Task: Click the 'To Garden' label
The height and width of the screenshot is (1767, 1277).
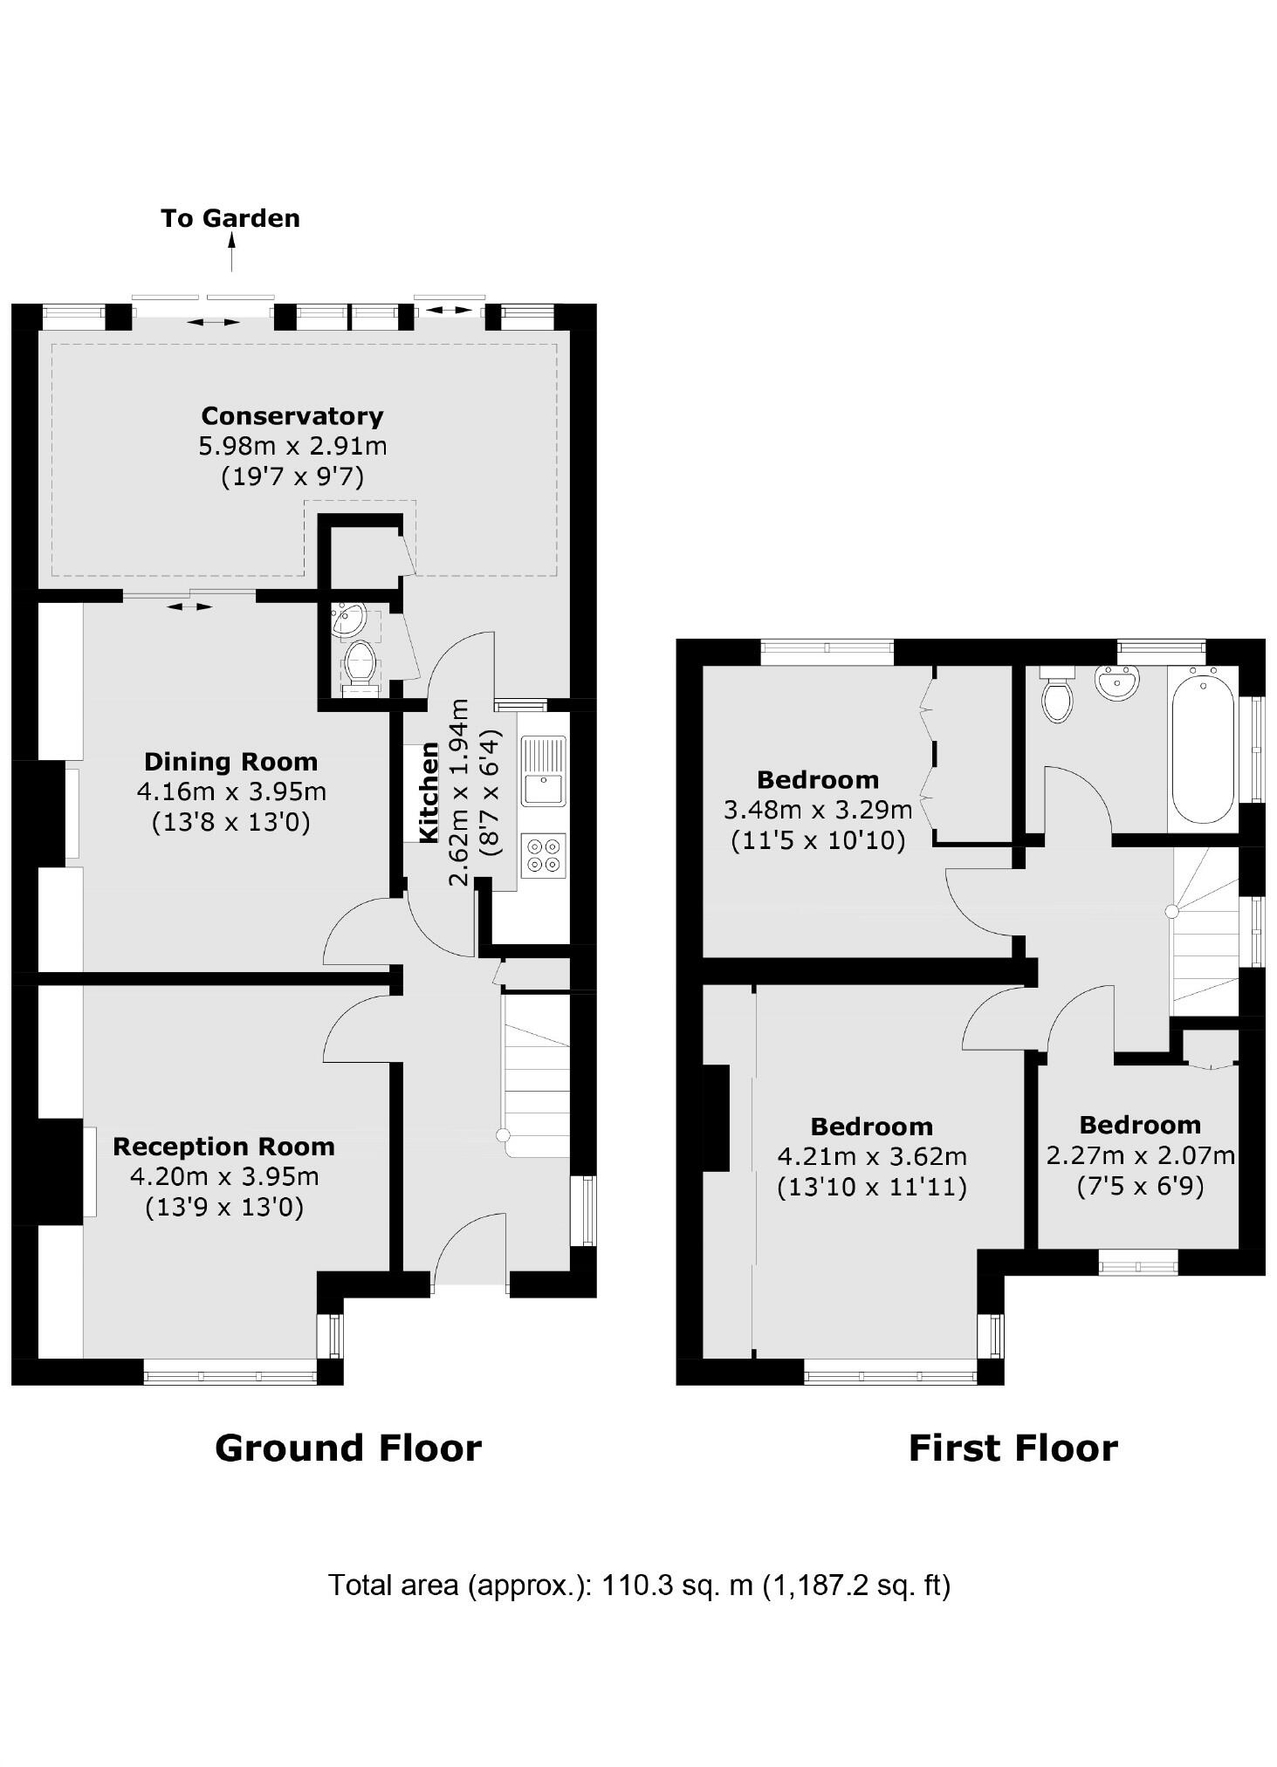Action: click(230, 218)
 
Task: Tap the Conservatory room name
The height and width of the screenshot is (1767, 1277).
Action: click(292, 416)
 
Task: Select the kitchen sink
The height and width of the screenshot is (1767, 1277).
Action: click(544, 770)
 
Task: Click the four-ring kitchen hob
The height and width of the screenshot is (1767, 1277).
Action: click(543, 855)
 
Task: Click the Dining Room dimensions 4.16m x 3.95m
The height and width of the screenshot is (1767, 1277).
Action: click(231, 792)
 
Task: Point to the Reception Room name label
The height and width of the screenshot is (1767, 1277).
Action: click(223, 1147)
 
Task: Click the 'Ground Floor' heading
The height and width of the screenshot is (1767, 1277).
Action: click(347, 1449)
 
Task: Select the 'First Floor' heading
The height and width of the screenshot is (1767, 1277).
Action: click(1013, 1449)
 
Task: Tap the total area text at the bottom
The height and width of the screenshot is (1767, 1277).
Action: click(638, 1585)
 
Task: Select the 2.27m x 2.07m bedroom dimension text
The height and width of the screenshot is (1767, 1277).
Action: click(1140, 1156)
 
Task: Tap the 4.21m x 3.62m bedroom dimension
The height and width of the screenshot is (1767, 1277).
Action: click(871, 1157)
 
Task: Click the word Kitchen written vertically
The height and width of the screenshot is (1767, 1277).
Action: click(429, 792)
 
